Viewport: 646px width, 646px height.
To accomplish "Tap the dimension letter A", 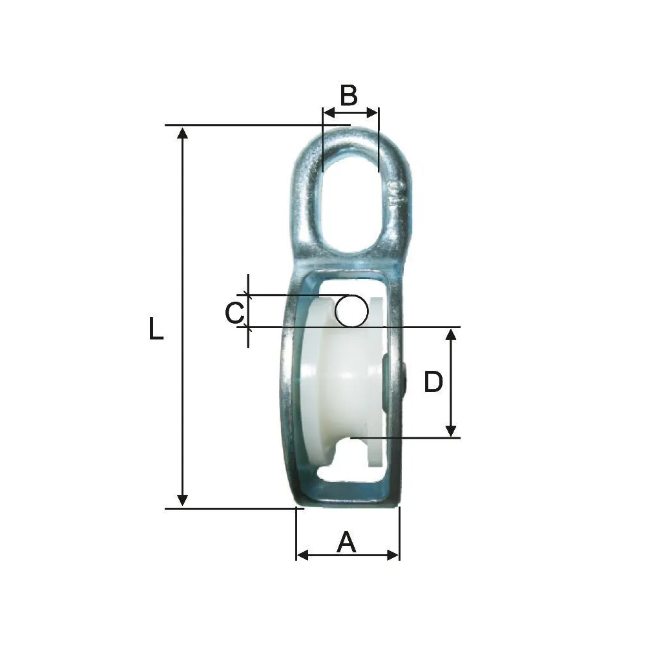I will [347, 543].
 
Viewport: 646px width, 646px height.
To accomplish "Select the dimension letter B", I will [349, 96].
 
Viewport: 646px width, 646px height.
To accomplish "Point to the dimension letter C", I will [234, 313].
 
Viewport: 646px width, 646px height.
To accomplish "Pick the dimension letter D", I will [433, 382].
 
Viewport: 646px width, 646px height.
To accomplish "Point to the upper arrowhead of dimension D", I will [452, 333].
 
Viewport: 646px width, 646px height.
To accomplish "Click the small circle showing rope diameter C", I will [350, 310].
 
